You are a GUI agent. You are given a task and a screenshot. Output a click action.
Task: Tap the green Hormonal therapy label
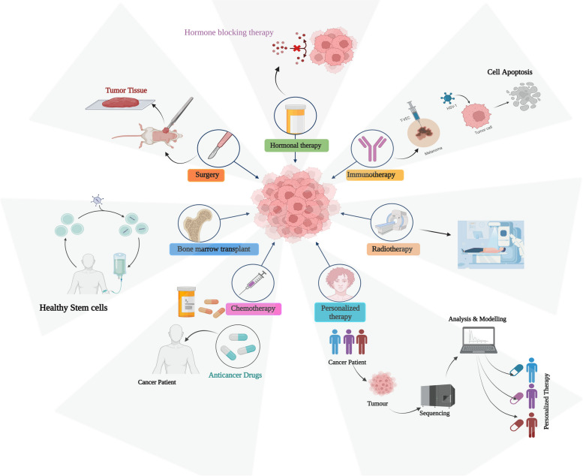click(296, 145)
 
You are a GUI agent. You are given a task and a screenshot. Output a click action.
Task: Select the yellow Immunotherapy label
click(375, 175)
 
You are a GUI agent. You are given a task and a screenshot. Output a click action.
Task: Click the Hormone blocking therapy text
click(229, 32)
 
